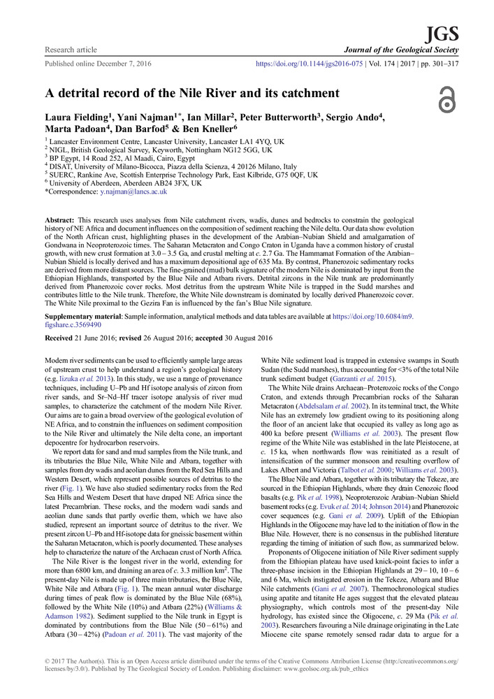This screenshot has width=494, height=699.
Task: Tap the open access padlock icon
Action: click(x=446, y=100)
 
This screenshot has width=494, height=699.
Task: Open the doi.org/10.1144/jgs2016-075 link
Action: click(x=307, y=63)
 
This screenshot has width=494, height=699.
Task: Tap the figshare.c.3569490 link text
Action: click(x=82, y=324)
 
